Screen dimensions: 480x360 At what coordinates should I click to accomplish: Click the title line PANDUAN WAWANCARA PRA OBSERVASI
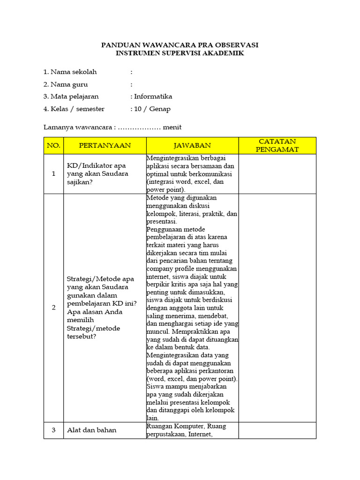[x=180, y=45]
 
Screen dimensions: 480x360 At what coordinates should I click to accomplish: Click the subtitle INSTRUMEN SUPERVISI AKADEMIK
[x=180, y=53]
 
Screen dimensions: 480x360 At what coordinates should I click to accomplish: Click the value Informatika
[x=153, y=97]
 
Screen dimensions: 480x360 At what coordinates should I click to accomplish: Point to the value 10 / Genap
[x=152, y=109]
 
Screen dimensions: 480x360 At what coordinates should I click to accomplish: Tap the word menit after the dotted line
[x=172, y=127]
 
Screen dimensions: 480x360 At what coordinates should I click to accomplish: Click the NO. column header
[x=53, y=146]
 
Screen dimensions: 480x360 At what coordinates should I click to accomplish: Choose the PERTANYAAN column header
[x=105, y=146]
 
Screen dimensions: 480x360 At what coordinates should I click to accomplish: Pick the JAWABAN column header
[x=192, y=146]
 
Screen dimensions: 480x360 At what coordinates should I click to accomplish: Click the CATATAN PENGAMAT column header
[x=277, y=145]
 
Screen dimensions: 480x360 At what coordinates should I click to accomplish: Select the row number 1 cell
[x=53, y=174]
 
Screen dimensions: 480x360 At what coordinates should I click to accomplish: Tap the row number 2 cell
[x=53, y=307]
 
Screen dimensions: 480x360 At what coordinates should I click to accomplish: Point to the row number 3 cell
[x=53, y=430]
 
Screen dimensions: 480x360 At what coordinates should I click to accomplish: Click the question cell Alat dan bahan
[x=92, y=430]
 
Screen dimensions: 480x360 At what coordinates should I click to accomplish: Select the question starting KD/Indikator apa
[x=97, y=174]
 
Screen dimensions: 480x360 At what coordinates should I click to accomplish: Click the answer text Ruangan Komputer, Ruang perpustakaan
[x=186, y=430]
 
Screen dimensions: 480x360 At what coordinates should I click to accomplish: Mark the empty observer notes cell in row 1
[x=277, y=174]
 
